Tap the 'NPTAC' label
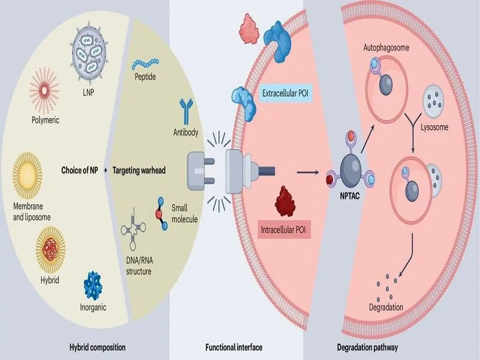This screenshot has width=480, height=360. pyautogui.click(x=348, y=196)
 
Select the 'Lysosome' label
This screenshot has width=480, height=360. pyautogui.click(x=434, y=128)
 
